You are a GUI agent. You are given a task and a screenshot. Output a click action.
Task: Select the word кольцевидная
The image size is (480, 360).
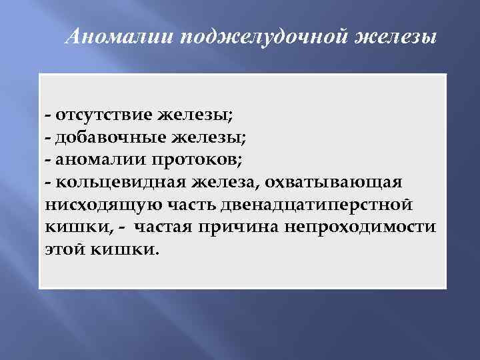click(119, 182)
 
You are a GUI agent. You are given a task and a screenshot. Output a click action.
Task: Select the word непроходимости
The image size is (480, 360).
click(361, 227)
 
